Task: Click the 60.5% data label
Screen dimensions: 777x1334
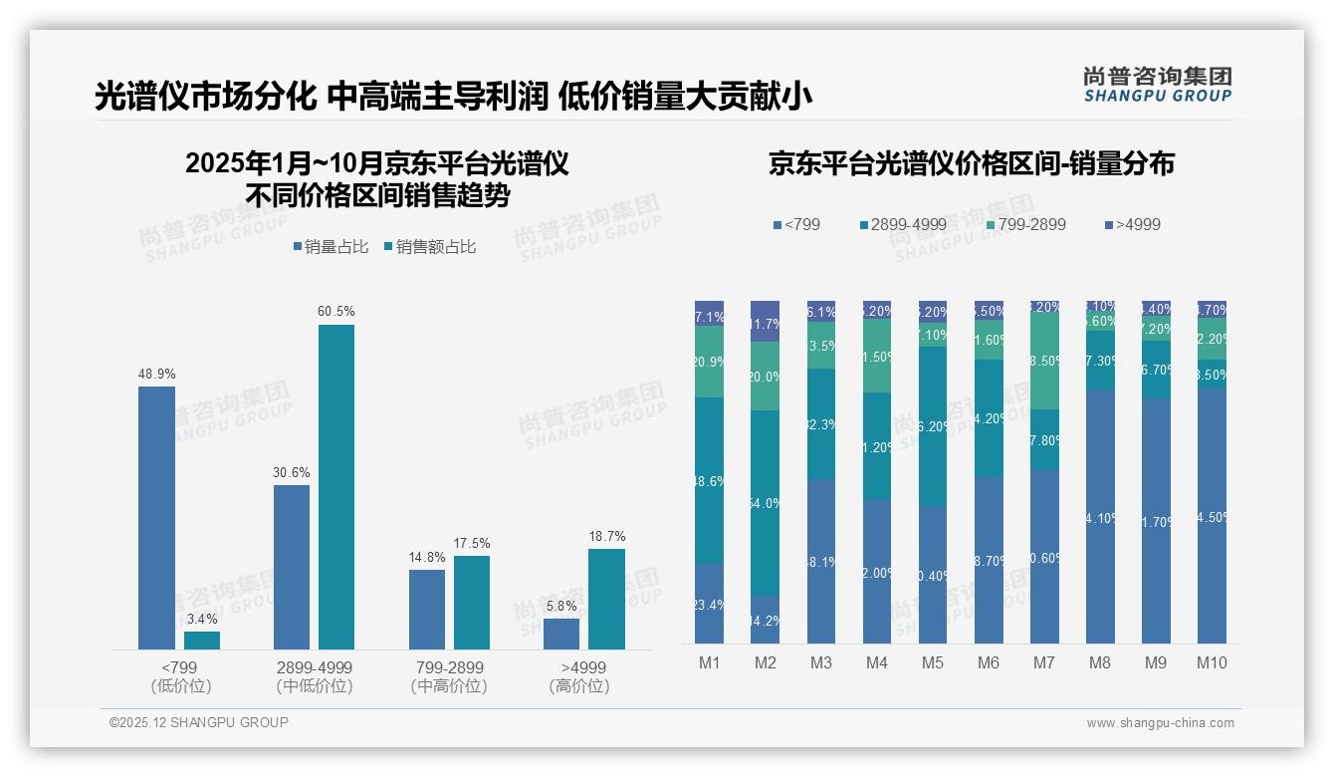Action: click(x=335, y=312)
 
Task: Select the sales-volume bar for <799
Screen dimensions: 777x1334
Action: click(x=156, y=518)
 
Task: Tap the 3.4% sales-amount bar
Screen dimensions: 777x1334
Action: click(x=202, y=641)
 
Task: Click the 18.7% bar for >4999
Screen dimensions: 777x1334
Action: click(x=606, y=599)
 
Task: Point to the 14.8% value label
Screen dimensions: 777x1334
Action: click(x=427, y=557)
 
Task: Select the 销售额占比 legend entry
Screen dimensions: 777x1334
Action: click(x=429, y=246)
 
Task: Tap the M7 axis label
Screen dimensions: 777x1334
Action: click(x=1044, y=662)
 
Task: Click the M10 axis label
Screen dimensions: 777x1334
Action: click(x=1212, y=662)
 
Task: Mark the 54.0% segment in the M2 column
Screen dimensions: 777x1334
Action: click(x=766, y=503)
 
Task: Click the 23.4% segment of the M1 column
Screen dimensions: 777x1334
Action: click(x=710, y=604)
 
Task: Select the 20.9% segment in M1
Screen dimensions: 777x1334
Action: click(x=710, y=362)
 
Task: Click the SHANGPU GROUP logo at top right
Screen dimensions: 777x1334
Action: click(x=1157, y=84)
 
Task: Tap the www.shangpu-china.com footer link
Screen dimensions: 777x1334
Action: click(x=1160, y=723)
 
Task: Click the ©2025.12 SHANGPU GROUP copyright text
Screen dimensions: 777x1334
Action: click(x=199, y=722)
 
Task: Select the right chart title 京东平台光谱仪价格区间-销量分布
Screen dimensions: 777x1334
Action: click(x=971, y=163)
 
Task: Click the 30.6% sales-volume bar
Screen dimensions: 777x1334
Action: click(x=292, y=567)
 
